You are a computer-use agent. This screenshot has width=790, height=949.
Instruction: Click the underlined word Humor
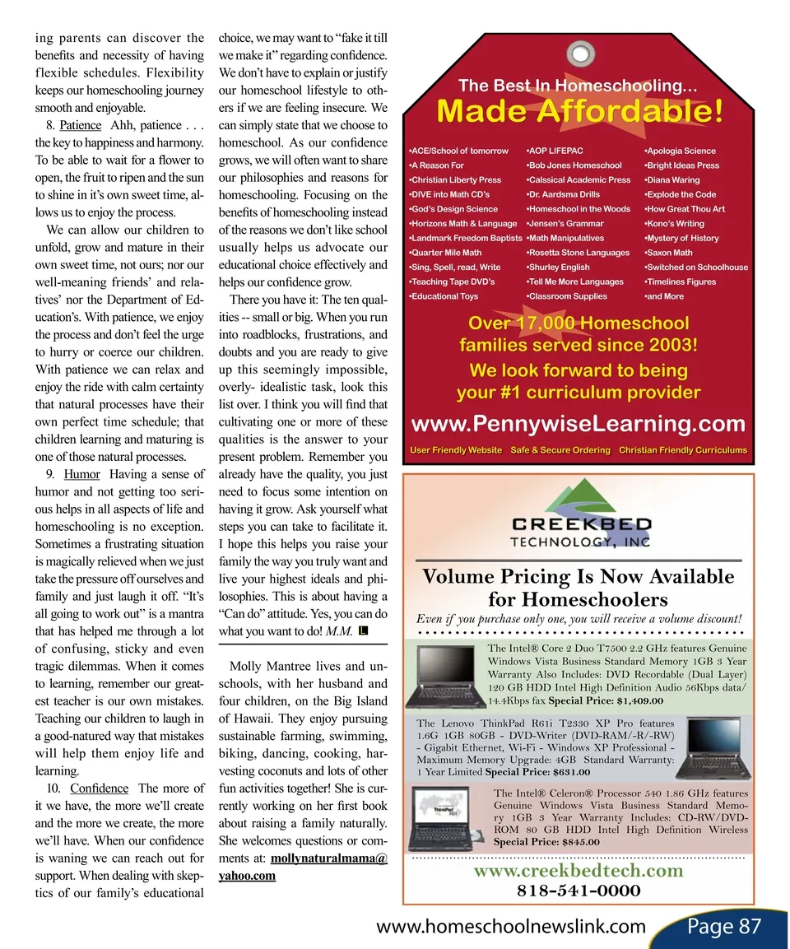click(x=81, y=474)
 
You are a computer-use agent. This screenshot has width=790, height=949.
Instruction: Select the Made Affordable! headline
click(x=581, y=111)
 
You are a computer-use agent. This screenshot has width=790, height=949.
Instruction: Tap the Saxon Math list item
click(x=670, y=253)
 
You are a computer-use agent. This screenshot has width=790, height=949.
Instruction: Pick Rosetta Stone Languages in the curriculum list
click(x=579, y=253)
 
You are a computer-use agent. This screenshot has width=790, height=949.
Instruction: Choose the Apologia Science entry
click(x=681, y=151)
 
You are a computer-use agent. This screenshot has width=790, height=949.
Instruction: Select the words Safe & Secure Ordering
click(x=560, y=450)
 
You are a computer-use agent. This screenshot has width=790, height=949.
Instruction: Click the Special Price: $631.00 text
click(x=538, y=772)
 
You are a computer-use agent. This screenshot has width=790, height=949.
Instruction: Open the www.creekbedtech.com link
click(x=579, y=870)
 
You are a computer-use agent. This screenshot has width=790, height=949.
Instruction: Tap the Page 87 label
click(x=723, y=927)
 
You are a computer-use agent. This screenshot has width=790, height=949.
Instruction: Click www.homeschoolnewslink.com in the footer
click(x=510, y=927)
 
